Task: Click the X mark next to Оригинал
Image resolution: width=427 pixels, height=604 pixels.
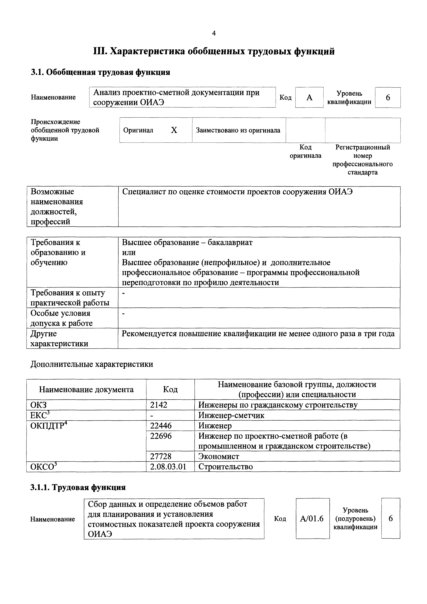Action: point(174,130)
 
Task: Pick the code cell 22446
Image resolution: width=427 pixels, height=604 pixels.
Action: point(161,426)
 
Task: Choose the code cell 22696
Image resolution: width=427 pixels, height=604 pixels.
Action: point(161,436)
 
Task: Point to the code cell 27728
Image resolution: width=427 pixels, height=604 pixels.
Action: point(161,456)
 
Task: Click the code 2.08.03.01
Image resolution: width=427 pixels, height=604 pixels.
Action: point(168,467)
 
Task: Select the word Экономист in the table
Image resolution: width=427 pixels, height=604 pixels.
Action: point(219,456)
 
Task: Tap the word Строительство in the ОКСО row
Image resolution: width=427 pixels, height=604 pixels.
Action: point(226,467)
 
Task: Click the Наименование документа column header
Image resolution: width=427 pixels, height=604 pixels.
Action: point(86,390)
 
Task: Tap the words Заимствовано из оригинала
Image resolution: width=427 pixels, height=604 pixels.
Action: point(238,130)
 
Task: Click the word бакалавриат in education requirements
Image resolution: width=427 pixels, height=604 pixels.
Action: point(230,242)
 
